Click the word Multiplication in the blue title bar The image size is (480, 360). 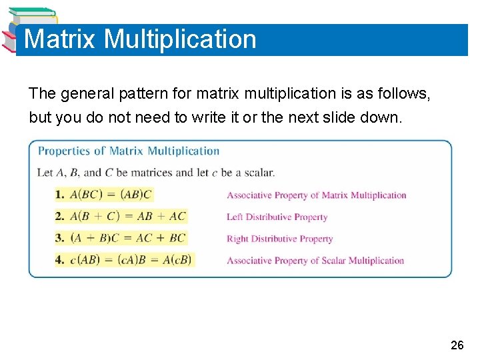180,39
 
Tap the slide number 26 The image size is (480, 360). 457,345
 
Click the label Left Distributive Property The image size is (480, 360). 277,217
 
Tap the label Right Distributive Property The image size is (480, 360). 279,239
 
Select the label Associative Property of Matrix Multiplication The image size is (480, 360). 316,195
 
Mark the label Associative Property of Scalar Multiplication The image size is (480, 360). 315,261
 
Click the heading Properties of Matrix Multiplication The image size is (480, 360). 129,151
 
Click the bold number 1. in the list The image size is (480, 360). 60,195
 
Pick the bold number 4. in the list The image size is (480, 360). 60,261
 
